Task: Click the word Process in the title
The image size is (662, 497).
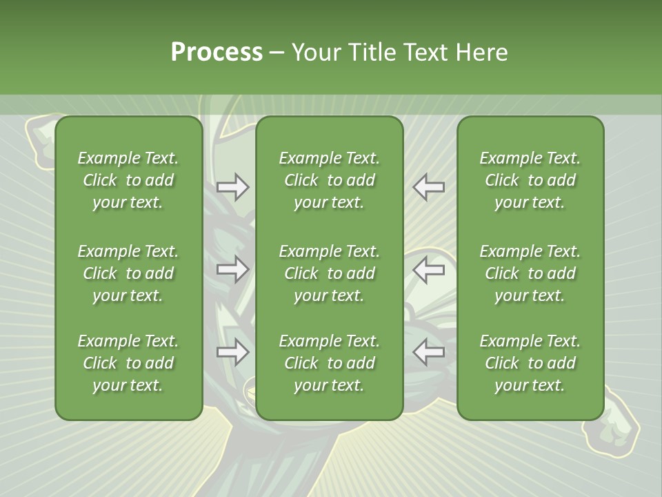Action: tap(217, 52)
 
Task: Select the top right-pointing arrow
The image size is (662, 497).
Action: tap(233, 187)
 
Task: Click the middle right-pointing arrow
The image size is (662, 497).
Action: tap(233, 269)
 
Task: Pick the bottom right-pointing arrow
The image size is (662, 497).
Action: tap(233, 352)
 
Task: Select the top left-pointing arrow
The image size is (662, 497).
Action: tap(428, 187)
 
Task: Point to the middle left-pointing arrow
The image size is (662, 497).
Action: tap(428, 269)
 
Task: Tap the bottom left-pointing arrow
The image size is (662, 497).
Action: tap(428, 352)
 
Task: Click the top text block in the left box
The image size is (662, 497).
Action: tap(128, 180)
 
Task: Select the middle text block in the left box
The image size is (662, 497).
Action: tap(128, 273)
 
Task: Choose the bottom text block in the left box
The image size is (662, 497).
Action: tap(128, 363)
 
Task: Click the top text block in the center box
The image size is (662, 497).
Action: tap(329, 180)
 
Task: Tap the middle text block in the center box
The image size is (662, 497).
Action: tap(329, 273)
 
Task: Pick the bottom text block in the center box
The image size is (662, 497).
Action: tap(329, 363)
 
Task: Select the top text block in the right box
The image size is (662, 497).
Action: tap(530, 180)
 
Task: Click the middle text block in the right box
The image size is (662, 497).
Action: tap(530, 273)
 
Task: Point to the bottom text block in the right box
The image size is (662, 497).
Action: tap(530, 363)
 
